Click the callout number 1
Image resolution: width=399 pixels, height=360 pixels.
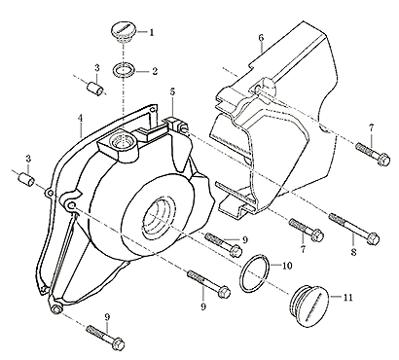(x=152, y=32)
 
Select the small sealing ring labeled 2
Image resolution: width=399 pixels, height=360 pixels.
(x=124, y=70)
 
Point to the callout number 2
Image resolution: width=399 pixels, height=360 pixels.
(x=154, y=71)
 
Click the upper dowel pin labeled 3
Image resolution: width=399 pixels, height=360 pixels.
(x=95, y=88)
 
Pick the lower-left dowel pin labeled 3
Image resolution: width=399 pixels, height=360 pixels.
(x=26, y=179)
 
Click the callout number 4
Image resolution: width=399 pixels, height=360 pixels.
(x=80, y=118)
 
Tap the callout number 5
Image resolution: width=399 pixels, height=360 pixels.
(x=172, y=91)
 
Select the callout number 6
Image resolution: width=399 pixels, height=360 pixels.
(x=261, y=38)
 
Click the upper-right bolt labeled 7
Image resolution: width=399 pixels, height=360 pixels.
(x=373, y=155)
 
